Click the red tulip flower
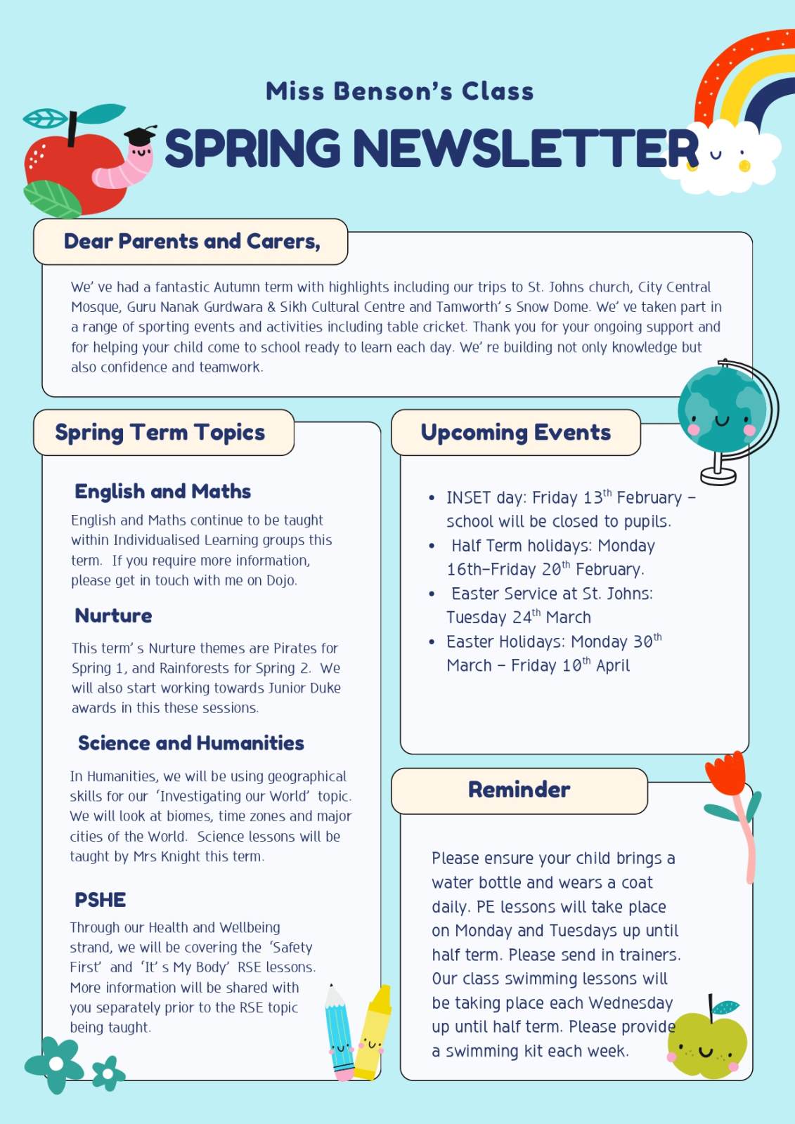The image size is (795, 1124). point(728,773)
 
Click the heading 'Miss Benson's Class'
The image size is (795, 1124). point(399,91)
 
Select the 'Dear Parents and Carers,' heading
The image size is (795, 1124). point(192,242)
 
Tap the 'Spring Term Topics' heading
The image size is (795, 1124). point(160,433)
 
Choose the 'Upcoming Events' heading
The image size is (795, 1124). point(515,433)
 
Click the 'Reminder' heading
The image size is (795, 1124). point(519,790)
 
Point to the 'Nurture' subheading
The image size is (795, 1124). point(113,616)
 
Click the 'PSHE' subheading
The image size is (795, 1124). point(101,900)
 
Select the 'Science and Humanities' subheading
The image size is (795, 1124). point(191,743)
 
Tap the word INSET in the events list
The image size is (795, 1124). point(468,498)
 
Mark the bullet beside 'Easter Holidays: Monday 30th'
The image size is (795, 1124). point(432,642)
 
